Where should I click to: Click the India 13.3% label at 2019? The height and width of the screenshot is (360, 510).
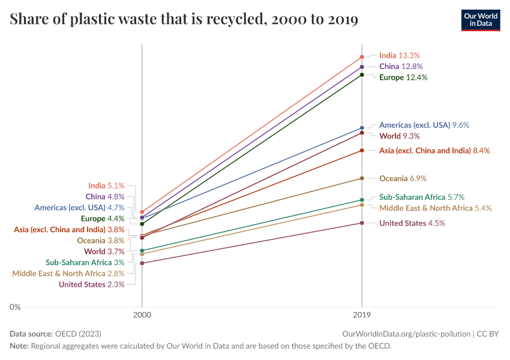pyautogui.click(x=399, y=55)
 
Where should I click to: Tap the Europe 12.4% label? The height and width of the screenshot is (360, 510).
pyautogui.click(x=403, y=77)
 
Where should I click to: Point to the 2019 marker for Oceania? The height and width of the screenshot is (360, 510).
pyautogui.click(x=362, y=178)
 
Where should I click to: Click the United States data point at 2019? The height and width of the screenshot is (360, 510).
pyautogui.click(x=362, y=223)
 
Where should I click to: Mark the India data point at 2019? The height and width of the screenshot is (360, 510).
pyautogui.click(x=362, y=57)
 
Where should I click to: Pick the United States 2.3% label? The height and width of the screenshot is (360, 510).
pyautogui.click(x=91, y=284)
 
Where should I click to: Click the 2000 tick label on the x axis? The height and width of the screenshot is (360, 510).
pyautogui.click(x=142, y=314)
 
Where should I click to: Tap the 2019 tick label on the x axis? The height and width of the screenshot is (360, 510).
pyautogui.click(x=362, y=314)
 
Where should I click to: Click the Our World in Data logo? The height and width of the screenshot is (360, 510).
pyautogui.click(x=480, y=20)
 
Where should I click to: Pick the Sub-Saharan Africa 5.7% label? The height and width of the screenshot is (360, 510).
pyautogui.click(x=422, y=197)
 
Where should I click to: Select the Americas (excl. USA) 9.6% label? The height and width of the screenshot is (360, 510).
pyautogui.click(x=424, y=125)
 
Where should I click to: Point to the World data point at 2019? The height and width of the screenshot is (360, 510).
pyautogui.click(x=362, y=133)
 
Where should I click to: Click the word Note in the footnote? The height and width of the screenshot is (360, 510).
pyautogui.click(x=19, y=346)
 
